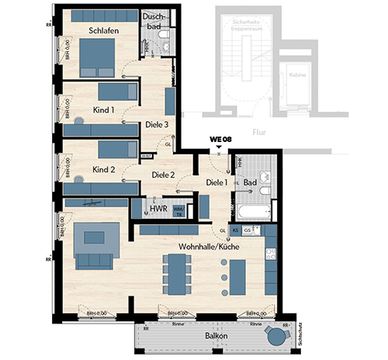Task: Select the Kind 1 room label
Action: point(103,111)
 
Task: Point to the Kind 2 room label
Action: point(103,169)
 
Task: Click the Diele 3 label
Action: point(158,124)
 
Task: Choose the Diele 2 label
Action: point(163,175)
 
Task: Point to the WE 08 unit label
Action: point(220,140)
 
